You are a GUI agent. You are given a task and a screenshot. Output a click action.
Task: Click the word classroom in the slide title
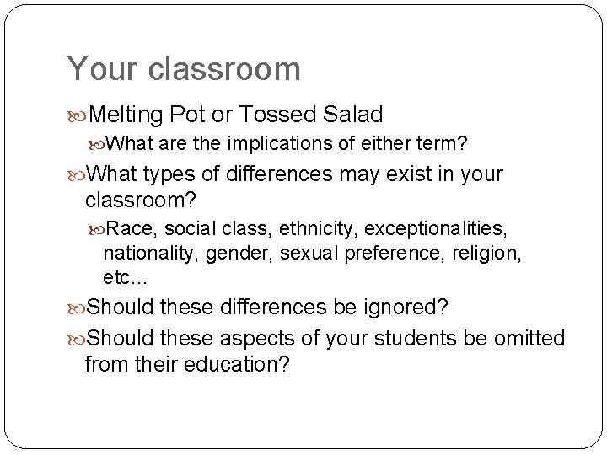click(224, 69)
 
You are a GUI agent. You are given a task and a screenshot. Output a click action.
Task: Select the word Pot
click(187, 114)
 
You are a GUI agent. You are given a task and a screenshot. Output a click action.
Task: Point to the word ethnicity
click(287, 228)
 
